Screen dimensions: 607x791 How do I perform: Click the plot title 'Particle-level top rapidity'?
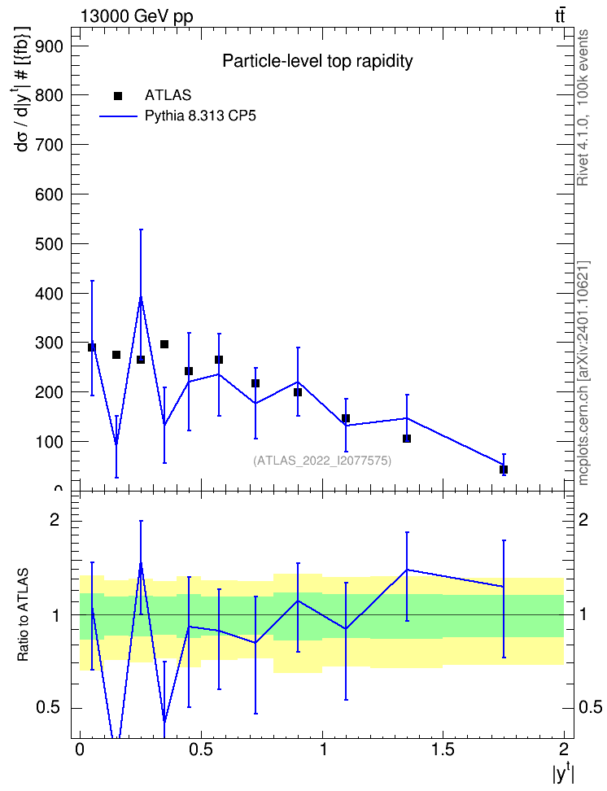(317, 62)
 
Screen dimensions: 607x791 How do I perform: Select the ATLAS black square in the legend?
(118, 96)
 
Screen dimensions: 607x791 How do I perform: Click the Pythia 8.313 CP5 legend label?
(200, 116)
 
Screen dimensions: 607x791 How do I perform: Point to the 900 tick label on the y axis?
(49, 46)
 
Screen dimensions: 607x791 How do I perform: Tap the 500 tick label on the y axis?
(49, 244)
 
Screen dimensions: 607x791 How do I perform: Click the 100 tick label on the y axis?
(49, 442)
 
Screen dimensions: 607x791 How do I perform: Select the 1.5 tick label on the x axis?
(443, 749)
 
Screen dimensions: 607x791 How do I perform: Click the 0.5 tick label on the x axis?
(201, 749)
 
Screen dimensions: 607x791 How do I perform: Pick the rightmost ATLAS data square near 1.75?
(503, 470)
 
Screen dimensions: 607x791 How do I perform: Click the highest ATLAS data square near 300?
(164, 344)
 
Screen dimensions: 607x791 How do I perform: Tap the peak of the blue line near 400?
(141, 298)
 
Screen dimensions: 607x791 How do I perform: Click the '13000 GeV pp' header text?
(137, 16)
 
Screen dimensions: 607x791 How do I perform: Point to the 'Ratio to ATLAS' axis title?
(23, 615)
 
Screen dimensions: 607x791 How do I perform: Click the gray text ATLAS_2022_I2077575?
(322, 461)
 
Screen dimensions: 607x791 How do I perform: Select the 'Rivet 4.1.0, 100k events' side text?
(583, 107)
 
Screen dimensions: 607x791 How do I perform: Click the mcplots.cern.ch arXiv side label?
(583, 373)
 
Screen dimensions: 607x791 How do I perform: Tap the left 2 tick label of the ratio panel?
(54, 519)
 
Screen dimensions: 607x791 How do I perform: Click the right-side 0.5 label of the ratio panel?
(590, 707)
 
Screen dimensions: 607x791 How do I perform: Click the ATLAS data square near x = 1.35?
(407, 439)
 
